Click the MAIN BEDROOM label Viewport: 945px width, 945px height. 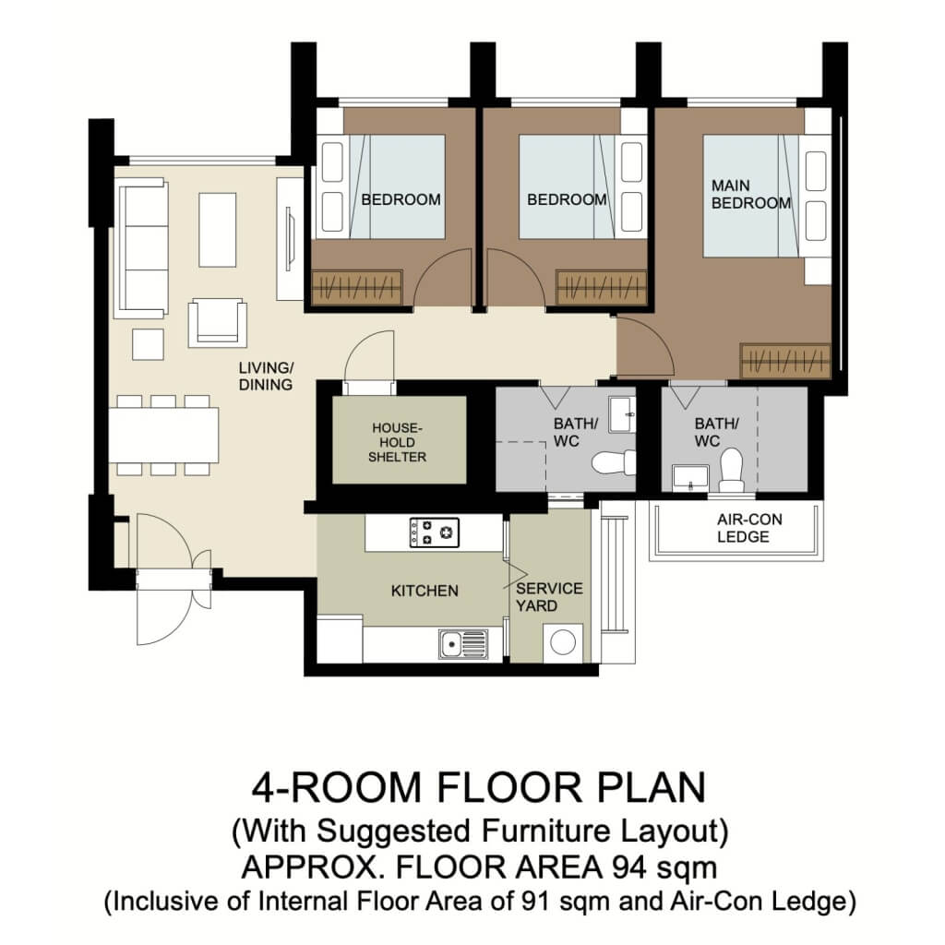[750, 194]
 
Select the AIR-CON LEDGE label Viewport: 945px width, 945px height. [748, 528]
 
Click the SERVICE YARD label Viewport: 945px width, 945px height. [549, 597]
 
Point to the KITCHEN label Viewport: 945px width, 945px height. [425, 591]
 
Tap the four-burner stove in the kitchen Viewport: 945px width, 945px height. [434, 532]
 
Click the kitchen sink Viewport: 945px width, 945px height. [462, 642]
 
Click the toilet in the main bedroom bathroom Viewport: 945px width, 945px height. [732, 469]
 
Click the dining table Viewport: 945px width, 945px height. [163, 435]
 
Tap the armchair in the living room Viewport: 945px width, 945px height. [217, 323]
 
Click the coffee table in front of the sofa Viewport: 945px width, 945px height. [217, 229]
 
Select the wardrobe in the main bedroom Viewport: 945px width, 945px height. [785, 361]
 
